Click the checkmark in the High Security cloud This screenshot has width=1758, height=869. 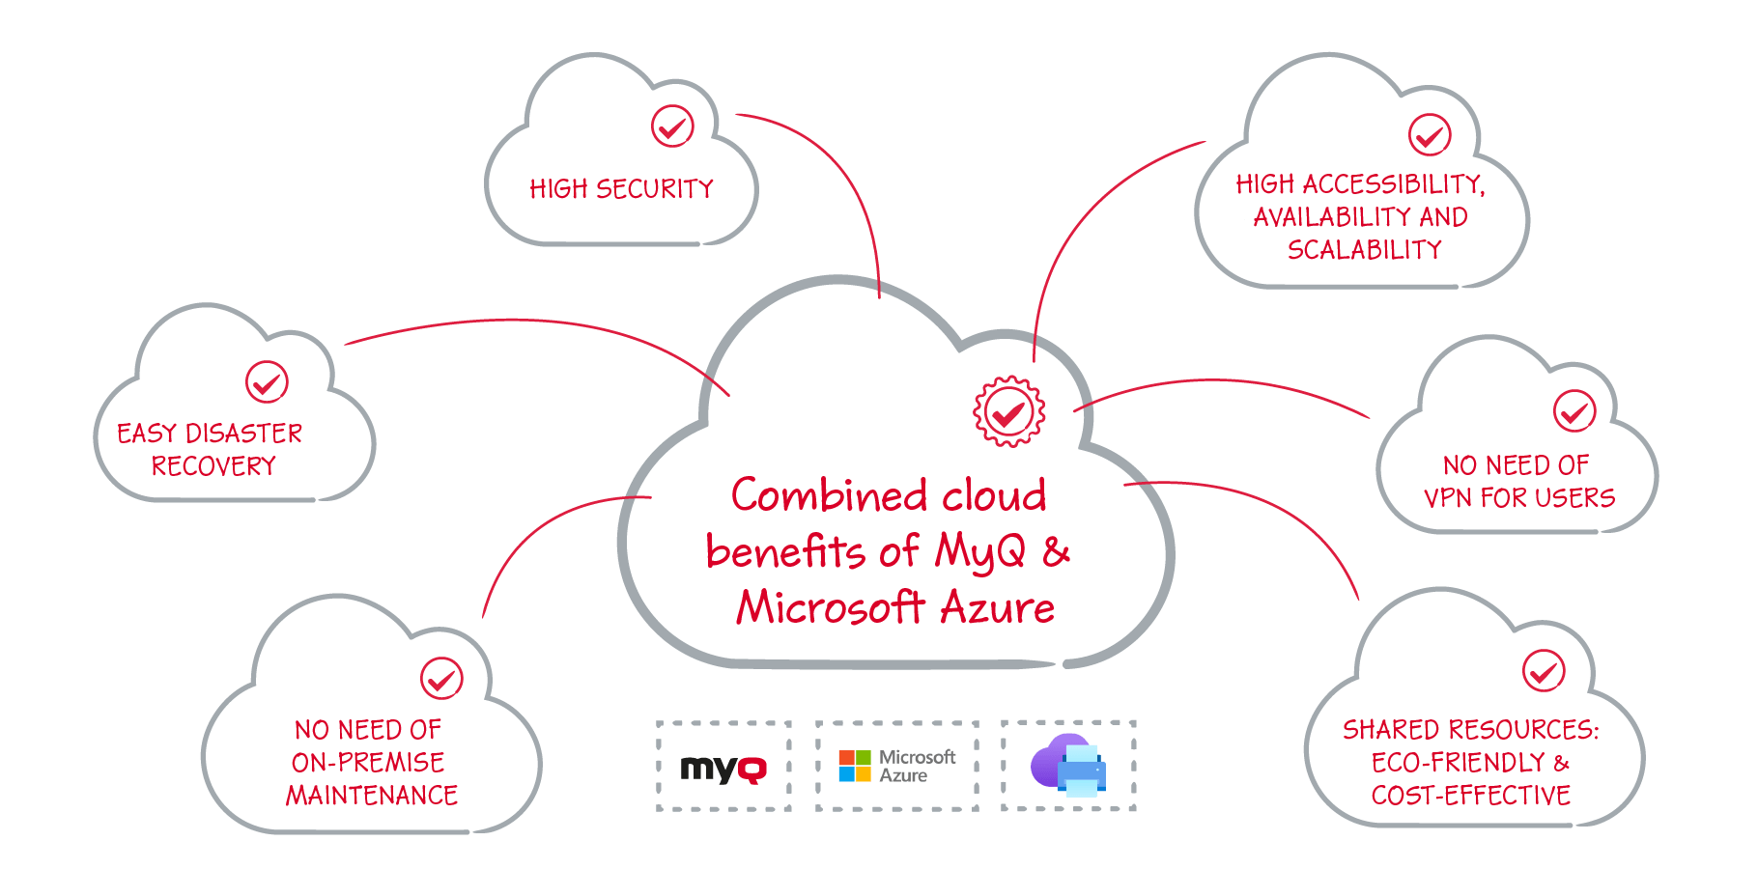point(672,126)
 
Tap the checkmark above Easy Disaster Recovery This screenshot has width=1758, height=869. point(267,382)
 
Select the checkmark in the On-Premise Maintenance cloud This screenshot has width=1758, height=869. point(441,679)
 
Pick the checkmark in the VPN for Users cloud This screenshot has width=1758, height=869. point(1574,411)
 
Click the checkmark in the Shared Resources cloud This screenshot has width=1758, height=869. point(1544,671)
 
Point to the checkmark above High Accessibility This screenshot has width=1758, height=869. point(1430,135)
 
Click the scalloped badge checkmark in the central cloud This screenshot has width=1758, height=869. point(1009,412)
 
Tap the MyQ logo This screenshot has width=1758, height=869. point(723,769)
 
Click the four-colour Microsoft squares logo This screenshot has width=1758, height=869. point(855,766)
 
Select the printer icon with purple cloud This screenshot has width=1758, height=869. point(1068,765)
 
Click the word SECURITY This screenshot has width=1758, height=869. point(655,189)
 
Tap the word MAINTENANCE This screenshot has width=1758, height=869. point(372,796)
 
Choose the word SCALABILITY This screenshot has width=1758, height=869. point(1365,250)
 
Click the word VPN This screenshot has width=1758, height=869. point(1448,498)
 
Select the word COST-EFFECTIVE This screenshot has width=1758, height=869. point(1471,796)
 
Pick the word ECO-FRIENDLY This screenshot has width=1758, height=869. point(1459,763)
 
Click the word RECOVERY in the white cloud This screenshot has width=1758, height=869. point(213,466)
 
